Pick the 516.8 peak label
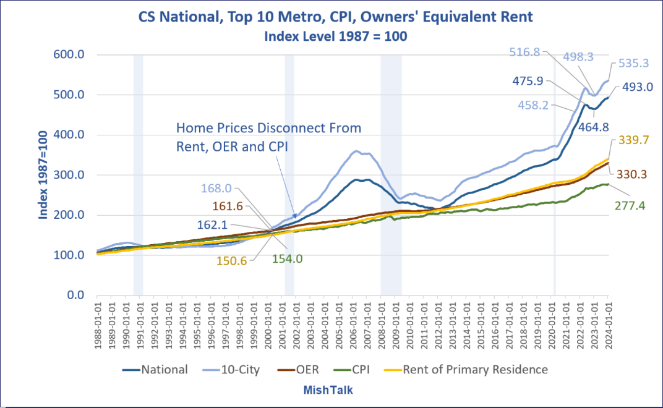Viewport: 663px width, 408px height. pos(526,53)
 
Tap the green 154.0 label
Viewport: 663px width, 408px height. pos(287,259)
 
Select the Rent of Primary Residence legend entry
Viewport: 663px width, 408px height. pos(475,370)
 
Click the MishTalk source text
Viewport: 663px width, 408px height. pos(328,390)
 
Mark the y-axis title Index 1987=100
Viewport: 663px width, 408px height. pos(44,175)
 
